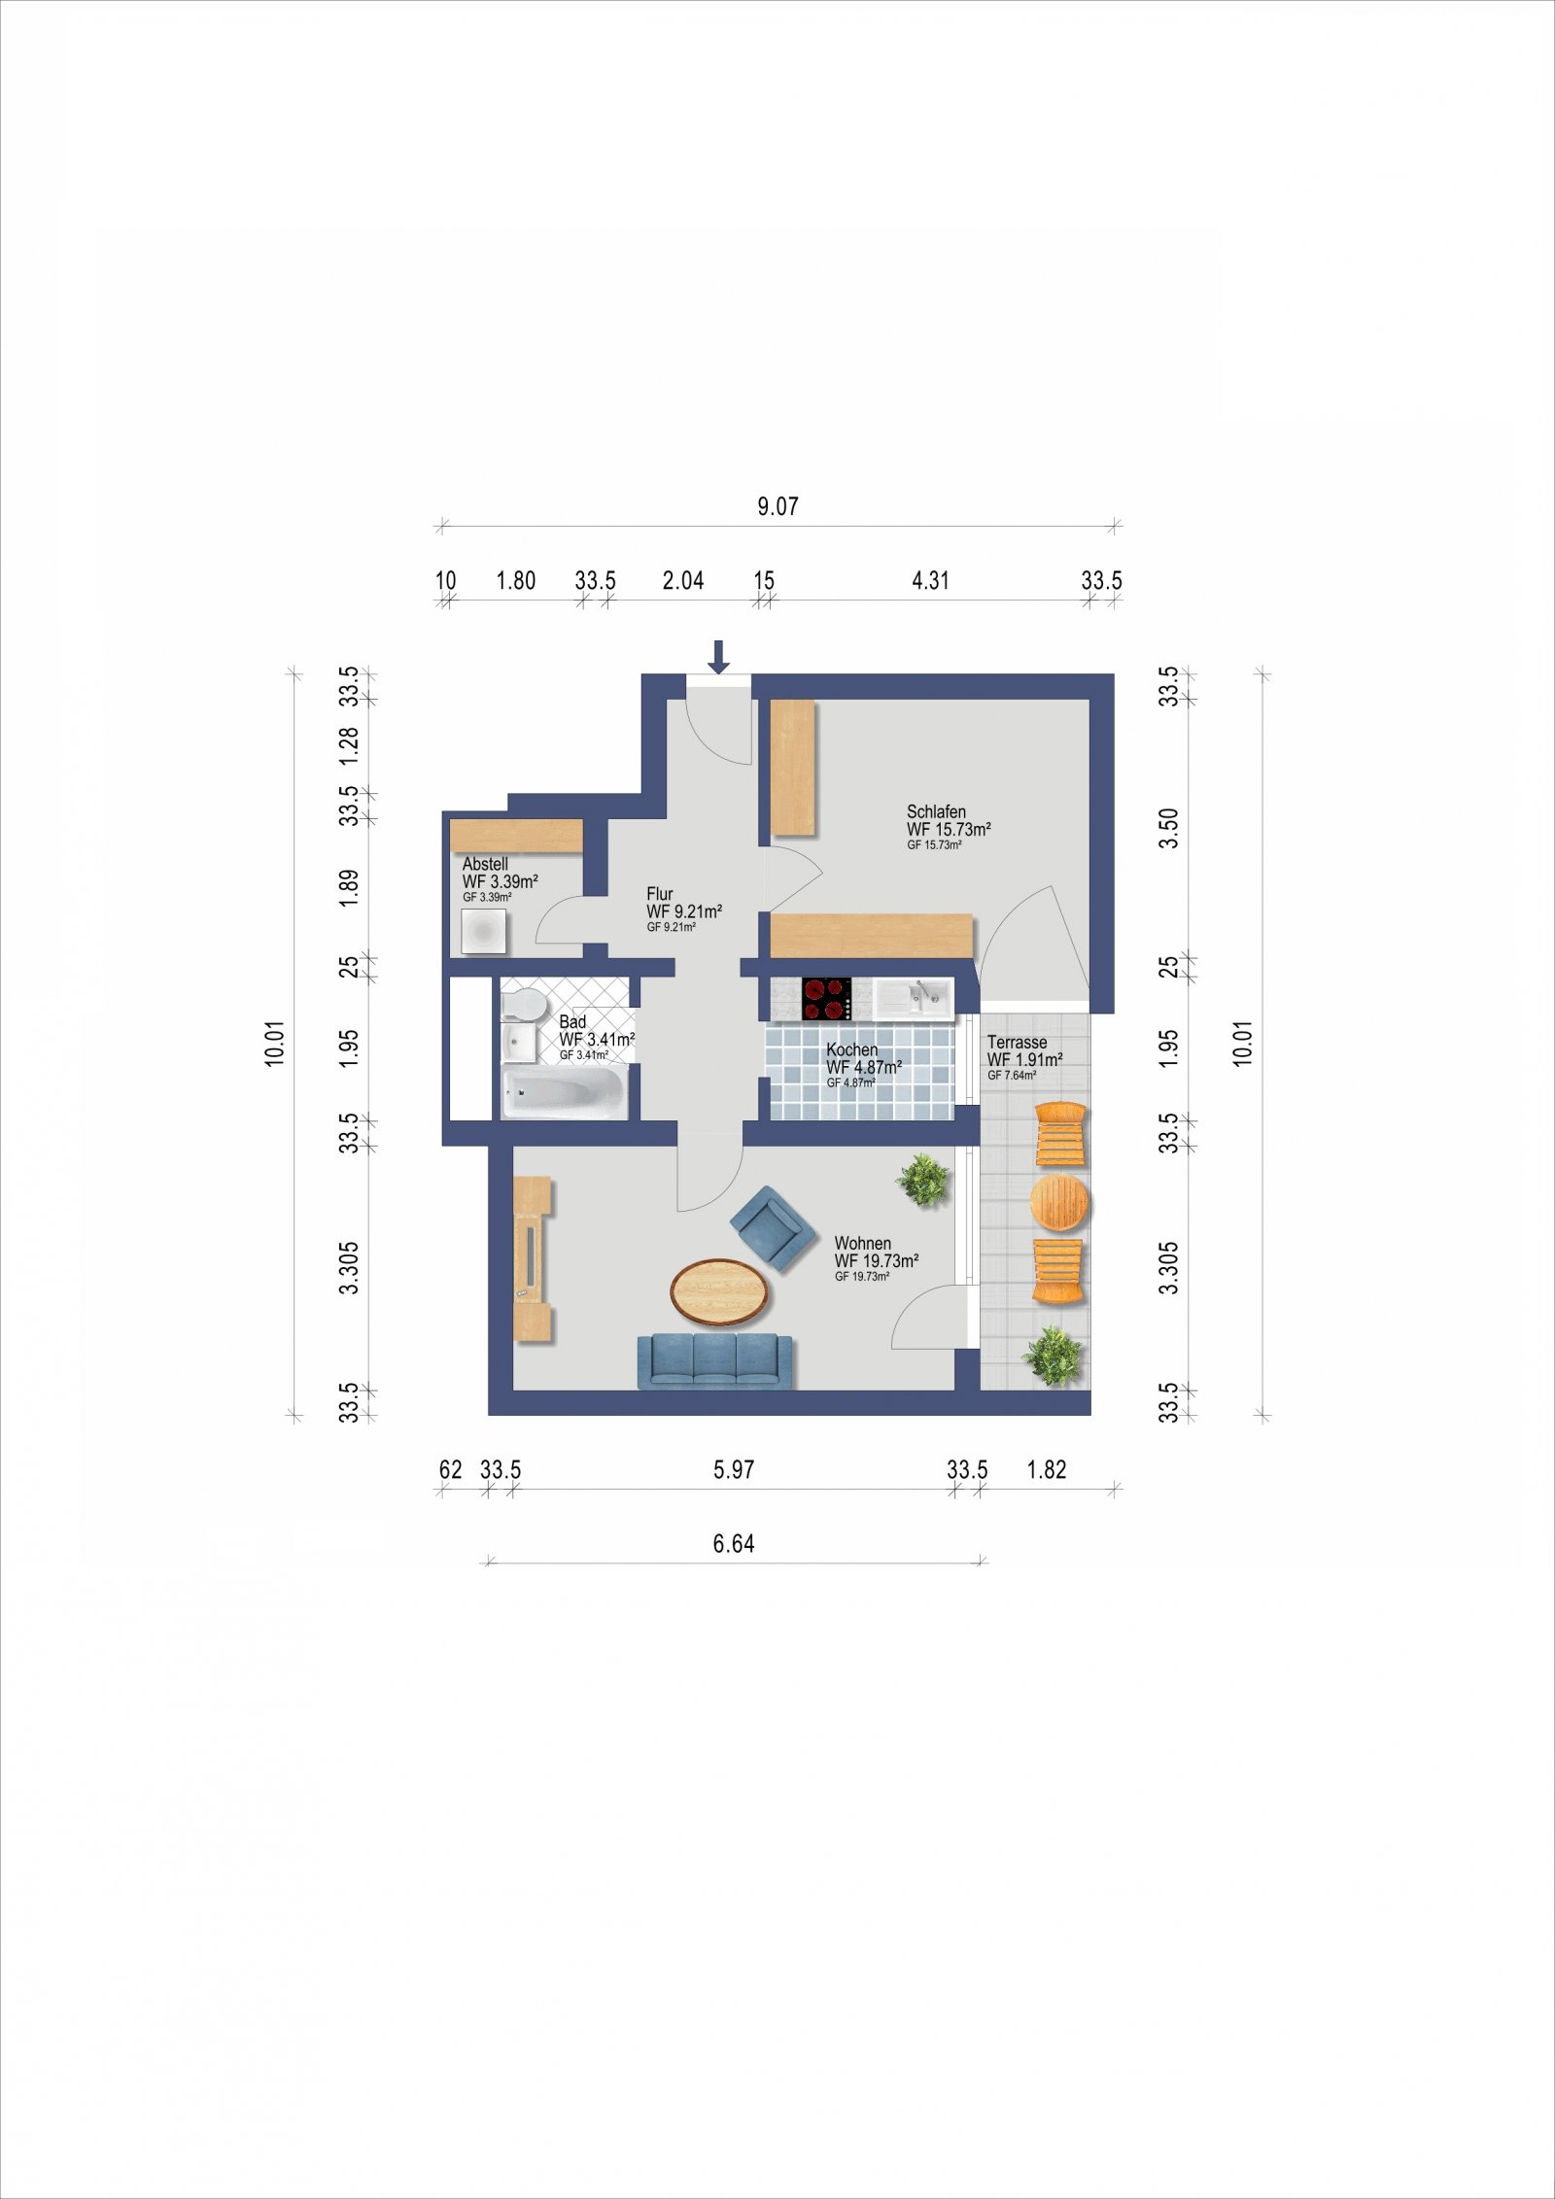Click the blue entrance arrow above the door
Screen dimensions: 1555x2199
(718, 656)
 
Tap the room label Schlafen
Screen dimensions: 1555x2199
(936, 811)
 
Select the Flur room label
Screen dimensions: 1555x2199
(660, 894)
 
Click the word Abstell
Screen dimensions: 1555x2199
(485, 864)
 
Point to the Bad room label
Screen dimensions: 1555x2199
(572, 1021)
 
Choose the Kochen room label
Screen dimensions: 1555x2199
(851, 1049)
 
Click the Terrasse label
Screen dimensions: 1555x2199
(1017, 1043)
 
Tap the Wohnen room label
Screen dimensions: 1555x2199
(863, 1243)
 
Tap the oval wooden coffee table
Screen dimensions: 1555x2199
(720, 1290)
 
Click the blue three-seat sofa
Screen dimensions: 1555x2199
(714, 1361)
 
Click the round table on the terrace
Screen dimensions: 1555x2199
(1060, 1203)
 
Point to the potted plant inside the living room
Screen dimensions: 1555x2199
(922, 1180)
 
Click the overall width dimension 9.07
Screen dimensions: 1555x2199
(778, 506)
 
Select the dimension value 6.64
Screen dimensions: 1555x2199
(734, 1544)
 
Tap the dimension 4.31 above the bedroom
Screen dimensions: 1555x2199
(930, 580)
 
